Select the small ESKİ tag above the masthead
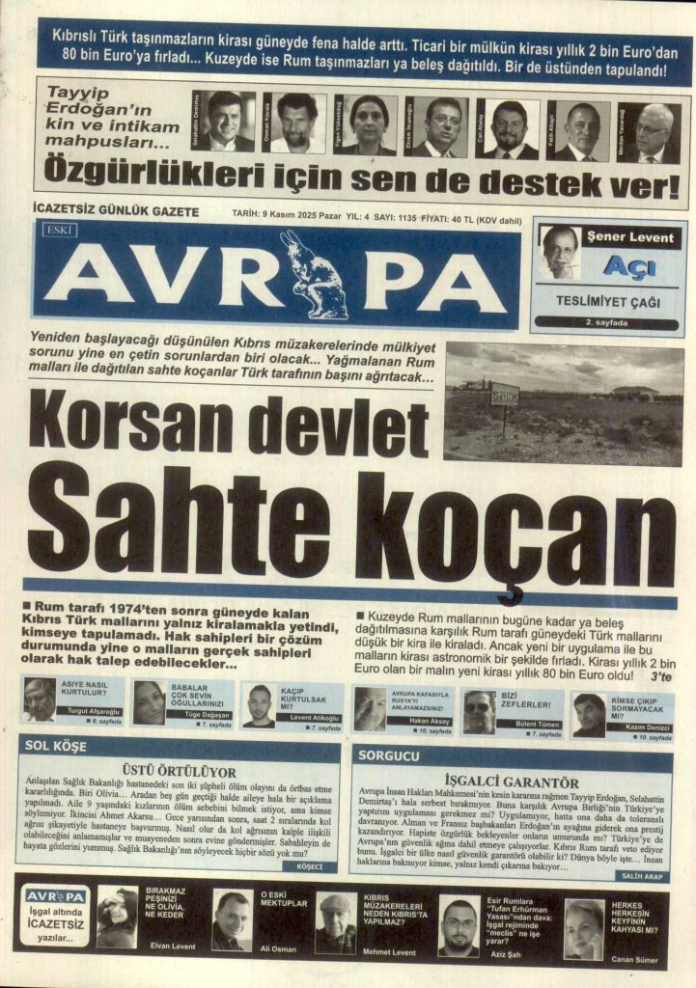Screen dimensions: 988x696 (59, 229)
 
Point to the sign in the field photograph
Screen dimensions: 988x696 (504, 396)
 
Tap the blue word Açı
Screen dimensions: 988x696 (628, 267)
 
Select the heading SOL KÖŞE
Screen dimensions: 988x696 (57, 746)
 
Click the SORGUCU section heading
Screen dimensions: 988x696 (388, 755)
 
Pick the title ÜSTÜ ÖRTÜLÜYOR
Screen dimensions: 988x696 (179, 772)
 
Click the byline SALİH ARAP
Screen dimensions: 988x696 (642, 876)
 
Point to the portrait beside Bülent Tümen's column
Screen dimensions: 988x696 (478, 711)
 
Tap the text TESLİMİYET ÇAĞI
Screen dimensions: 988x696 (607, 301)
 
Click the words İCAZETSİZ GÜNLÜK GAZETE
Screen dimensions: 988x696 (115, 211)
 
